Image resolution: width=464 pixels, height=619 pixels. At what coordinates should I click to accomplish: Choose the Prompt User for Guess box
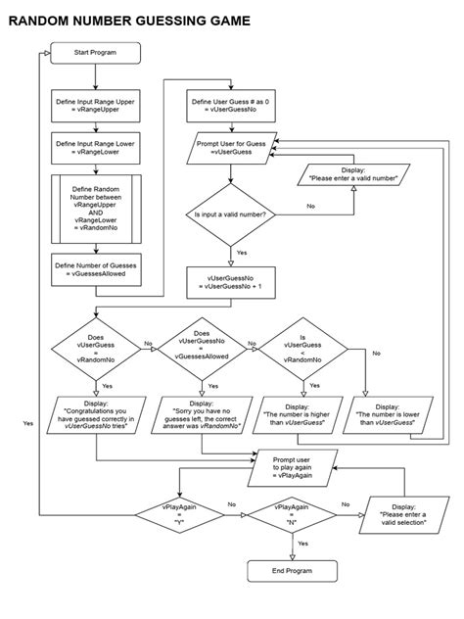pyautogui.click(x=230, y=148)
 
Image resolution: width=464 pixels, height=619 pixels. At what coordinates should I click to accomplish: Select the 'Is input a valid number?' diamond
pyautogui.click(x=230, y=213)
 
